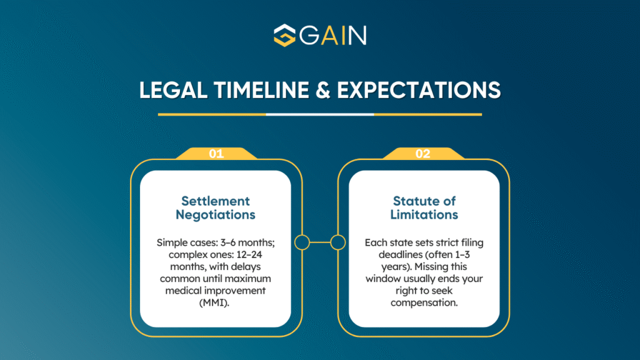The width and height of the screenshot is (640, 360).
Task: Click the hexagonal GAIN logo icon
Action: [284, 35]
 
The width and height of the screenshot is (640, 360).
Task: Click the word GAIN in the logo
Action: [333, 36]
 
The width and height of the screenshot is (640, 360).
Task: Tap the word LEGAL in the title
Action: [173, 90]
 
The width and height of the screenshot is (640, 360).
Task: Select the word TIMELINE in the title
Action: [261, 90]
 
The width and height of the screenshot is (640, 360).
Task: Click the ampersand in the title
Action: [322, 90]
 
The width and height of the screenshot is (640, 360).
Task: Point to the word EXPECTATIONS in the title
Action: [419, 90]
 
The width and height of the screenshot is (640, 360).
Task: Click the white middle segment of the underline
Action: [320, 114]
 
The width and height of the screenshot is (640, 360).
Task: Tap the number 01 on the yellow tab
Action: [216, 154]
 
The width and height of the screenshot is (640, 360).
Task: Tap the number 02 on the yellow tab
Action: [423, 154]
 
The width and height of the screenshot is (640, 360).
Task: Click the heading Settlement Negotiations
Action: [216, 207]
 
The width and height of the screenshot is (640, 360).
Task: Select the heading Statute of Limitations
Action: [424, 207]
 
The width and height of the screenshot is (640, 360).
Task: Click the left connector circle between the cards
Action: [302, 242]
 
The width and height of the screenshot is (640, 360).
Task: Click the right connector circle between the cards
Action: [338, 242]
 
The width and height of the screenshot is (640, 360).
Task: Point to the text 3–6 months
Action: [247, 242]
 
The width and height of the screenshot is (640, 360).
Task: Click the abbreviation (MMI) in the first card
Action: [214, 303]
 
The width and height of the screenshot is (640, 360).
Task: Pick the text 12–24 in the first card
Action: [249, 255]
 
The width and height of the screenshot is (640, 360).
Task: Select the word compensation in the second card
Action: [424, 303]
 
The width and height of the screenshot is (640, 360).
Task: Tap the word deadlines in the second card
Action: [397, 255]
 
